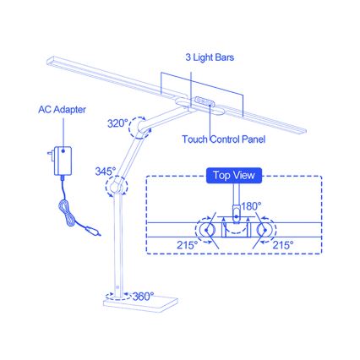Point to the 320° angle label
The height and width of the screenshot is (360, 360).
117,123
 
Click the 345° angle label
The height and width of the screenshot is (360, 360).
106,171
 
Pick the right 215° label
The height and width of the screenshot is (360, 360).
283,244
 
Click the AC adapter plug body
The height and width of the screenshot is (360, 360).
63,158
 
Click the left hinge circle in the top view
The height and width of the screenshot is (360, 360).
205,230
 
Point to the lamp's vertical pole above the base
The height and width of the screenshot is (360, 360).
118,245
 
